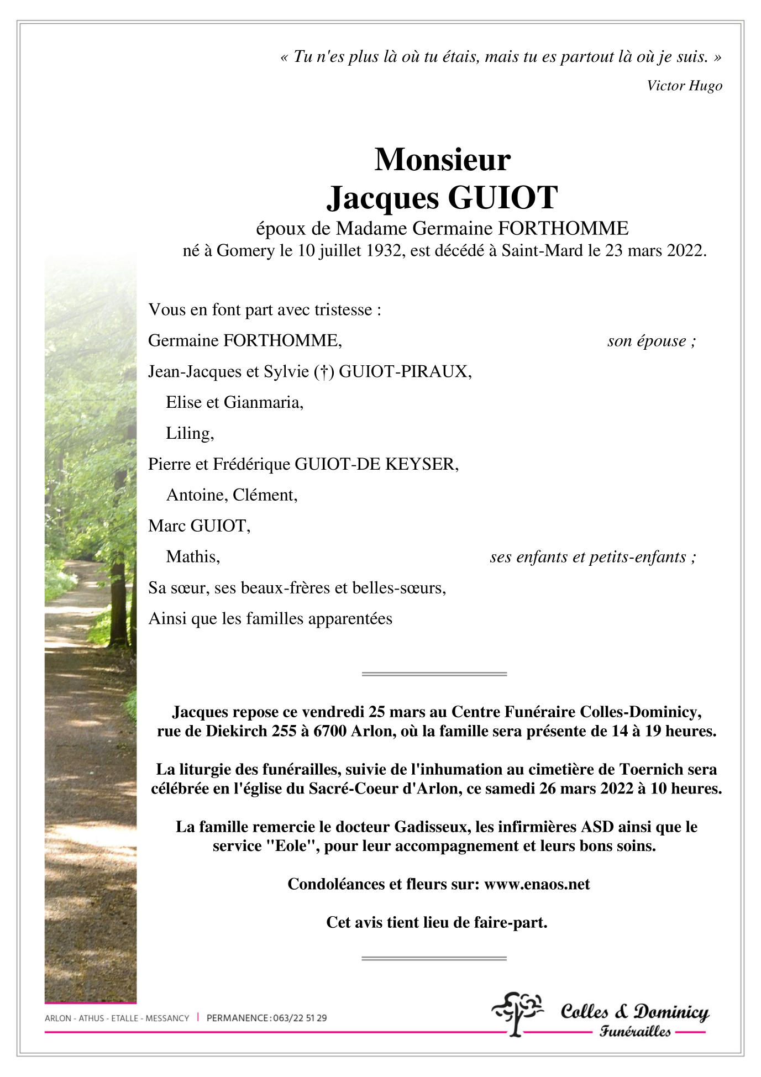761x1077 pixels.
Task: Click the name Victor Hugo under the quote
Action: click(684, 86)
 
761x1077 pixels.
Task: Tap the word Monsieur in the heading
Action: click(442, 160)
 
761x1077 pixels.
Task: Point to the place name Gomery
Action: click(245, 251)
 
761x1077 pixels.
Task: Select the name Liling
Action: click(188, 434)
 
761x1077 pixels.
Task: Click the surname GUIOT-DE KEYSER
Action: click(376, 464)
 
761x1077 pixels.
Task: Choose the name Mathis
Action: click(192, 557)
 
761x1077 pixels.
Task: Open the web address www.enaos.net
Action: click(537, 884)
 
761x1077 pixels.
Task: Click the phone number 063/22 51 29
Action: click(300, 1018)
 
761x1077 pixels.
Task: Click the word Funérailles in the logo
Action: click(635, 1031)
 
